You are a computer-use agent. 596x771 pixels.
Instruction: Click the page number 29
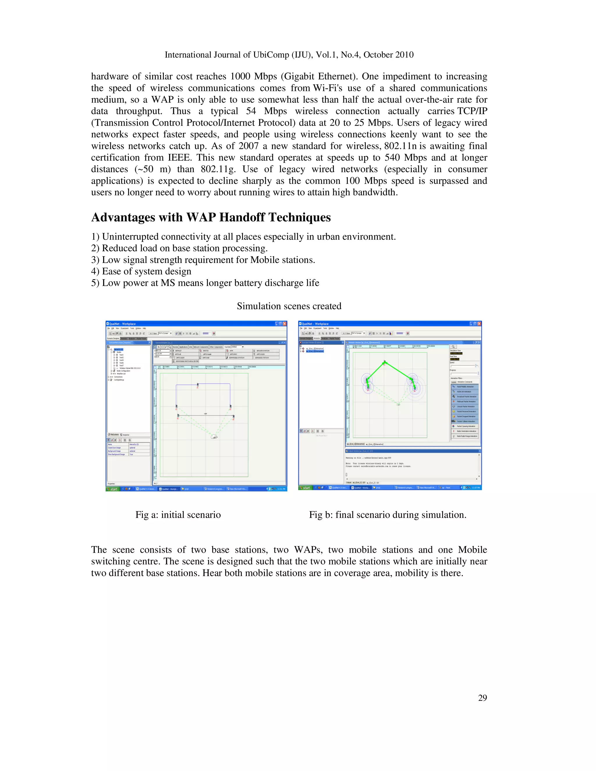pos(482,698)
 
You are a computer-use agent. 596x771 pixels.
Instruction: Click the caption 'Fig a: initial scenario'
pos(178,515)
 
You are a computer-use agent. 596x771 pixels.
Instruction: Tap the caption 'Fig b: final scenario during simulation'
pos(387,515)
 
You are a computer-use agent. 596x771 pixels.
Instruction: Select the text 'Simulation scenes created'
pos(289,306)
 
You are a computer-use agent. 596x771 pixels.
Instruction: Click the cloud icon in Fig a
pos(214,437)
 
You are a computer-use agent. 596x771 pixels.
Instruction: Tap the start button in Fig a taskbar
pos(113,489)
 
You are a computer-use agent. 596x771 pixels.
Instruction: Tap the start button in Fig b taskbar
pos(305,488)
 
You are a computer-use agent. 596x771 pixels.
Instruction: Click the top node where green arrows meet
pos(385,362)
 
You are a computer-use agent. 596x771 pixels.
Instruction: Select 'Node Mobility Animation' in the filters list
pos(465,387)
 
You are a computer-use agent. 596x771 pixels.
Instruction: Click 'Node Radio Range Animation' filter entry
pos(467,436)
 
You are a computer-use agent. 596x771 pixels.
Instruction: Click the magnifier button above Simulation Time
pos(453,347)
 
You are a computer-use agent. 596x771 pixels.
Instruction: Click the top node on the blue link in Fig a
pos(198,384)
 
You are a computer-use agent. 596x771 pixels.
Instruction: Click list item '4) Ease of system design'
pos(141,271)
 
